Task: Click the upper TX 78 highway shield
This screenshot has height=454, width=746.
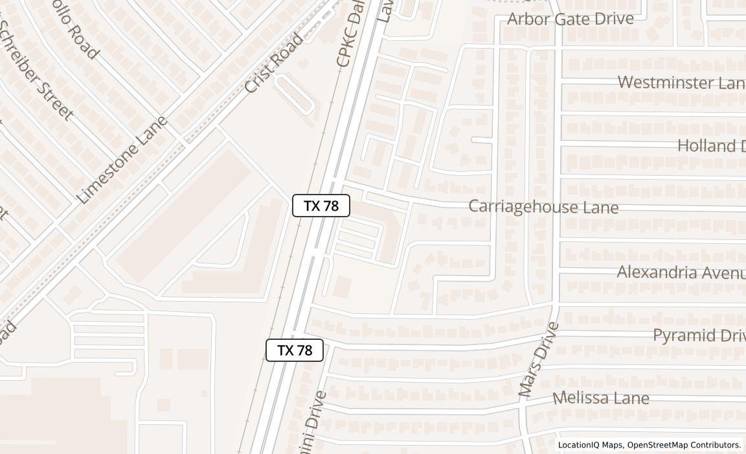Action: pos(321,206)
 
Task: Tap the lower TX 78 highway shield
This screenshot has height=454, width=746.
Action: pos(295,350)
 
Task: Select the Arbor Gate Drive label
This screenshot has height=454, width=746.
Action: pos(570,18)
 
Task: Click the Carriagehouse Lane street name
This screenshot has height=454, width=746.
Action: pos(543,207)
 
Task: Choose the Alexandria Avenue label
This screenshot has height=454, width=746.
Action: pos(680,272)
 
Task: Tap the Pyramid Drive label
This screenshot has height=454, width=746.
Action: pos(698,335)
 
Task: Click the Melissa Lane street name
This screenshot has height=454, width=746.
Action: pos(600,398)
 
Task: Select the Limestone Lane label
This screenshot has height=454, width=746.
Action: pos(122,160)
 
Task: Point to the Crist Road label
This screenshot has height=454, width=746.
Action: pos(274,63)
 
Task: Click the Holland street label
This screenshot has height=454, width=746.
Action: pos(711,145)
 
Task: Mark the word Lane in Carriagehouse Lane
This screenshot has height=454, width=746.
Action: pos(598,208)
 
